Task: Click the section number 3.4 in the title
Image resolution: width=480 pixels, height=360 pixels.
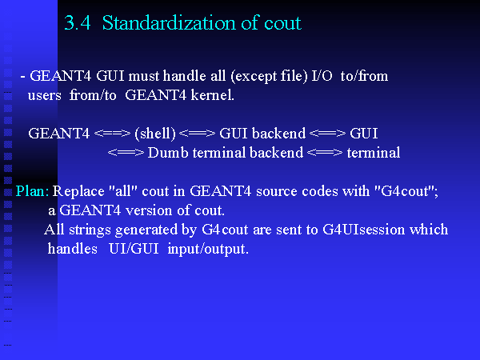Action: pos(78,23)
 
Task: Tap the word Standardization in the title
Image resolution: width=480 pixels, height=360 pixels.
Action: pos(169,23)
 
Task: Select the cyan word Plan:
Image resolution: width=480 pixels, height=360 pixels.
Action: pos(32,191)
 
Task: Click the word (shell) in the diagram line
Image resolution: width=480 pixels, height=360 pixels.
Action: pos(155,134)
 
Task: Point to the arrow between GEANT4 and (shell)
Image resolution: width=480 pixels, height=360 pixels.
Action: pos(112,134)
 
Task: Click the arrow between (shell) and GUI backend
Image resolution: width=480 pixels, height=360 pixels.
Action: pos(197,134)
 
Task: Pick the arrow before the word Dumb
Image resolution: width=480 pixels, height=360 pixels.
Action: pos(126,153)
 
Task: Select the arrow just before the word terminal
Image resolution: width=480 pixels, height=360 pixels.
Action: pos(325,153)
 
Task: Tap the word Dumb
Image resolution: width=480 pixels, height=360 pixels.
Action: pos(168,153)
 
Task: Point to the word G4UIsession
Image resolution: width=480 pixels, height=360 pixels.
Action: pos(364,230)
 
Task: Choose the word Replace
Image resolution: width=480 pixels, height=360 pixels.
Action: pos(78,192)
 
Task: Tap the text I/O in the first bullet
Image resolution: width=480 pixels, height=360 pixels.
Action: pos(322,76)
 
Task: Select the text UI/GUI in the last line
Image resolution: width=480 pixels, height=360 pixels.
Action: pos(134,249)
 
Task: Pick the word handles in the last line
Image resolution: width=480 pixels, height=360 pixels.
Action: pos(73,249)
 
